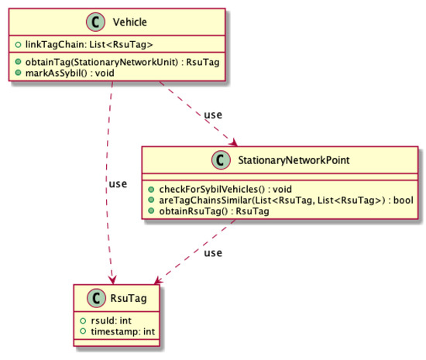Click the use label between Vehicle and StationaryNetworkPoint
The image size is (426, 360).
(x=215, y=115)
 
